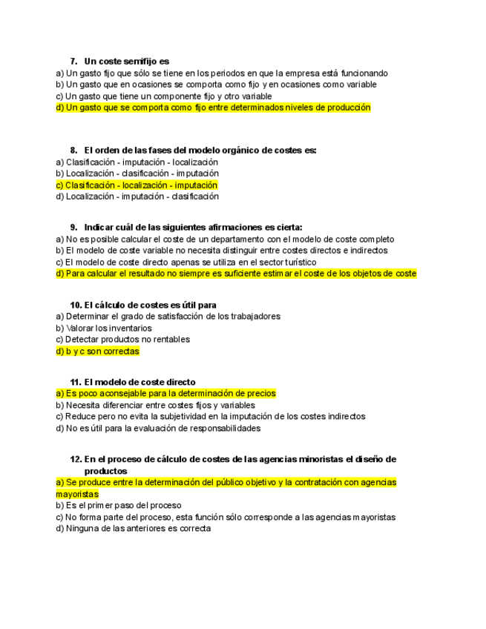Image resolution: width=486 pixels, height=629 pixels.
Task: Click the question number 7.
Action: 73,61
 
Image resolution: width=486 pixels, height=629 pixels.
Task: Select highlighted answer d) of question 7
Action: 213,108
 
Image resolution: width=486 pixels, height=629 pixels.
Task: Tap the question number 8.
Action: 73,150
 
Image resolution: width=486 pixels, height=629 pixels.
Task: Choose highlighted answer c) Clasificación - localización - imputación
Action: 137,185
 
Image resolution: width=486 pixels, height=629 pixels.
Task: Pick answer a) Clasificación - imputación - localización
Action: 137,162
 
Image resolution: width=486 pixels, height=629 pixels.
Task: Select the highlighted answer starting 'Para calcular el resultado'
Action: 236,274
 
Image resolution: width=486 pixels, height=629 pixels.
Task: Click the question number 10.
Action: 76,305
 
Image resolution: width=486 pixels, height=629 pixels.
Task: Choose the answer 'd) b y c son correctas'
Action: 97,352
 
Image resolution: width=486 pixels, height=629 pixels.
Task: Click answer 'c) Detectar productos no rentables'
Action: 122,340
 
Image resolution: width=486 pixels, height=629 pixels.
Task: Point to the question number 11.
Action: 76,382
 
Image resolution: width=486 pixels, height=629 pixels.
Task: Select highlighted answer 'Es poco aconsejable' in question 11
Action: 165,394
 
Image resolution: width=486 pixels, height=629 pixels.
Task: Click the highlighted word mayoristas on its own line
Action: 77,494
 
